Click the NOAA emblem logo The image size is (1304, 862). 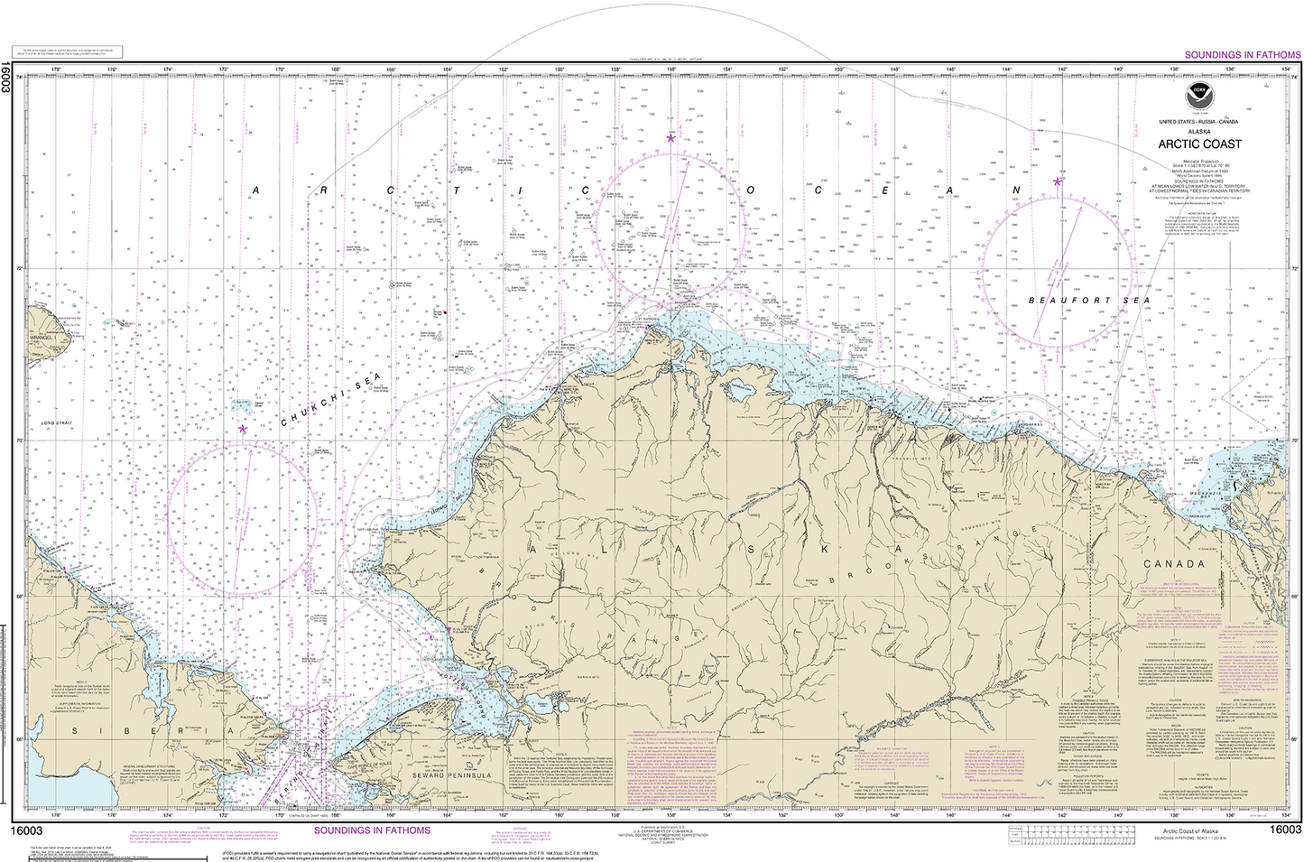click(1199, 93)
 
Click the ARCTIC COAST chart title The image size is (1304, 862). click(1199, 144)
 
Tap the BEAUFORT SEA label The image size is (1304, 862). click(1077, 301)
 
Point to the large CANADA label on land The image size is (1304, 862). click(1174, 563)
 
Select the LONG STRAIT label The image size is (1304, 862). click(56, 423)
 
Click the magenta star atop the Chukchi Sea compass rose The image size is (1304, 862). click(243, 429)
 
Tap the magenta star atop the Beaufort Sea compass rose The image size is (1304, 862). click(1057, 181)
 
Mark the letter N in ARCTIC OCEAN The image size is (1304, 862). click(1016, 190)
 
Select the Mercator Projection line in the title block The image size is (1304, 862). click(1199, 160)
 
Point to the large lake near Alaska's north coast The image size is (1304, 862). click(740, 392)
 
